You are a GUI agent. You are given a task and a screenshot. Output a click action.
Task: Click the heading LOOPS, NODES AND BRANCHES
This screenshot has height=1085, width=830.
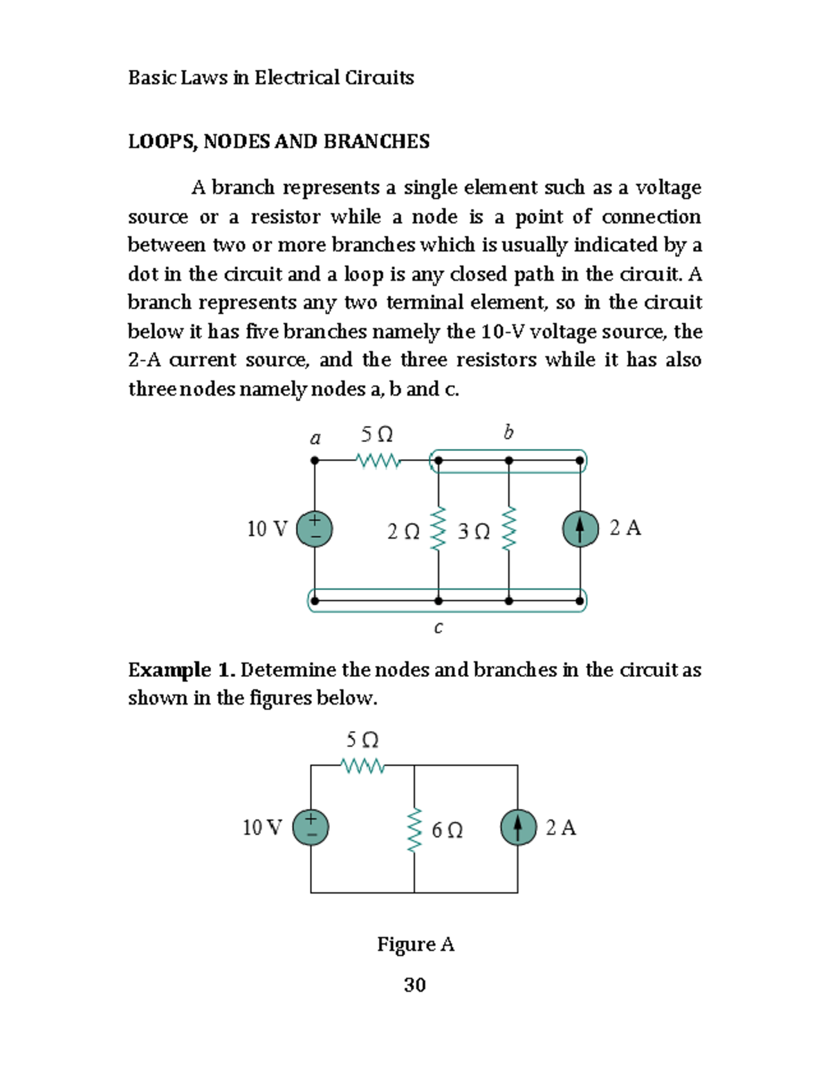(278, 142)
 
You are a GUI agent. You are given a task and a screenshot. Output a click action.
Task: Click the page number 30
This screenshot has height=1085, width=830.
(414, 985)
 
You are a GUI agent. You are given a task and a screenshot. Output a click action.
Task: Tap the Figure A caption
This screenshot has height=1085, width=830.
(415, 944)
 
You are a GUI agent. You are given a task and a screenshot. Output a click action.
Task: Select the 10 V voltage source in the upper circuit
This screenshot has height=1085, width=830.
(315, 529)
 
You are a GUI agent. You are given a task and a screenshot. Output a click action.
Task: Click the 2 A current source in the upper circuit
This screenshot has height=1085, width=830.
(580, 529)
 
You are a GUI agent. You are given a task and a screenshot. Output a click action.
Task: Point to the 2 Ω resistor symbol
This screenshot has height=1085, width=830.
(438, 530)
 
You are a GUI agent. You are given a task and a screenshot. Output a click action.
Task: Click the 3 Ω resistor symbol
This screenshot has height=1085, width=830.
(509, 530)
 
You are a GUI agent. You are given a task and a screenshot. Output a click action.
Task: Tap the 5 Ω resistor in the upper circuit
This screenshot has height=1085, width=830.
(378, 461)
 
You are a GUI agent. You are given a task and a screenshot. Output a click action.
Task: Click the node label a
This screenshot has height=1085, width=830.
(315, 438)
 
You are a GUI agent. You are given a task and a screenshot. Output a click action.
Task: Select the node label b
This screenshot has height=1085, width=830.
(508, 433)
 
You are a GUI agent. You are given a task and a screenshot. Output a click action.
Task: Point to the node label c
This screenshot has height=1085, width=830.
(438, 628)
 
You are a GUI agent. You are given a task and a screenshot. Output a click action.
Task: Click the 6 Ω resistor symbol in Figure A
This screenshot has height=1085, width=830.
(414, 829)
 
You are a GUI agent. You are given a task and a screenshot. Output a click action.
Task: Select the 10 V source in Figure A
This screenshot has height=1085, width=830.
(311, 828)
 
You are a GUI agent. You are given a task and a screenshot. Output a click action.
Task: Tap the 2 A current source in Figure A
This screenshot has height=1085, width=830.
(518, 828)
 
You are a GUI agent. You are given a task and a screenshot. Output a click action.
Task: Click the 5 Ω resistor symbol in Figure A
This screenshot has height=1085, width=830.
(362, 766)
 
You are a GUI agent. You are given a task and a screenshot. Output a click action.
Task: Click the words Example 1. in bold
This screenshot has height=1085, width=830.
(182, 670)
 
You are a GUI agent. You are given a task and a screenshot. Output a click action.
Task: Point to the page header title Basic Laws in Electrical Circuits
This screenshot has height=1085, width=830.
(270, 77)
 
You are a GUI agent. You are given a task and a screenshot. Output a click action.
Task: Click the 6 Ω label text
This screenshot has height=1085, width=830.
(447, 830)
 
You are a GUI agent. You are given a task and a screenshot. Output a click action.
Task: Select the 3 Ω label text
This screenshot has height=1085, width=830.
(474, 532)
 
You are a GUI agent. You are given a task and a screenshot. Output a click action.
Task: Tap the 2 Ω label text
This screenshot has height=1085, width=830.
(403, 532)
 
